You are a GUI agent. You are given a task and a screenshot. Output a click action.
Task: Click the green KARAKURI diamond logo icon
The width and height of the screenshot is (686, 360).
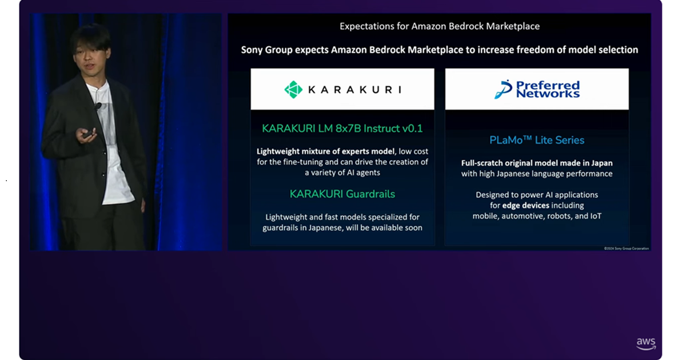pos(293,89)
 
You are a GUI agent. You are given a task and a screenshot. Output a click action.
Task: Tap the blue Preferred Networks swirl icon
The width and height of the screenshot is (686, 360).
pos(503,89)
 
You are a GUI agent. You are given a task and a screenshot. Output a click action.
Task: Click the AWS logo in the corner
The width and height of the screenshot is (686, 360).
pos(646,344)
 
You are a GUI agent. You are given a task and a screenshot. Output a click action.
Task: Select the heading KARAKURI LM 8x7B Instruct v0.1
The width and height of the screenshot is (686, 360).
pos(342,128)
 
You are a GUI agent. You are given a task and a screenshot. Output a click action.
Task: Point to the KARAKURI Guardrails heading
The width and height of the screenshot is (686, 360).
pos(342,194)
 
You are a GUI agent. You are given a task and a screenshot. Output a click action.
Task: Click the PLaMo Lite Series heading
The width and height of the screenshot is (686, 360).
pos(537,140)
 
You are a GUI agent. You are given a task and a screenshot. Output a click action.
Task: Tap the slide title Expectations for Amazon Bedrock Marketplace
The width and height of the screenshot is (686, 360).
pos(440,26)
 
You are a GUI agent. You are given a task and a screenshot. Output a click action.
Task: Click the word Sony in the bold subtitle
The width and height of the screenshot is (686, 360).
pos(252,50)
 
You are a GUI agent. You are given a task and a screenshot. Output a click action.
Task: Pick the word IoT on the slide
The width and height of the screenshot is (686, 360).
pos(596,216)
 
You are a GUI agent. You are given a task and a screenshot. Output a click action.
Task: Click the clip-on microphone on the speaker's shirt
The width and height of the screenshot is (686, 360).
pos(98,106)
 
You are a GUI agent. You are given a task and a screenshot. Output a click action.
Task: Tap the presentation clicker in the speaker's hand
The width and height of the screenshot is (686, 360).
pos(88,135)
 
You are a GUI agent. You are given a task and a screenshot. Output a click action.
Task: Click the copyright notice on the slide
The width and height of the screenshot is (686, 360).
pos(627,248)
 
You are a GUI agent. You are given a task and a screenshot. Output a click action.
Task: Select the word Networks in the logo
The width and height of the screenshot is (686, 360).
pos(548,93)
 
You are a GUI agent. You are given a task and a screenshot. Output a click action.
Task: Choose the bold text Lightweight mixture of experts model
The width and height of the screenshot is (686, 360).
pos(325,151)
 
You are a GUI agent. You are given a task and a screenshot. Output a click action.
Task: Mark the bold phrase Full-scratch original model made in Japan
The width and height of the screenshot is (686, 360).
pos(537,163)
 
